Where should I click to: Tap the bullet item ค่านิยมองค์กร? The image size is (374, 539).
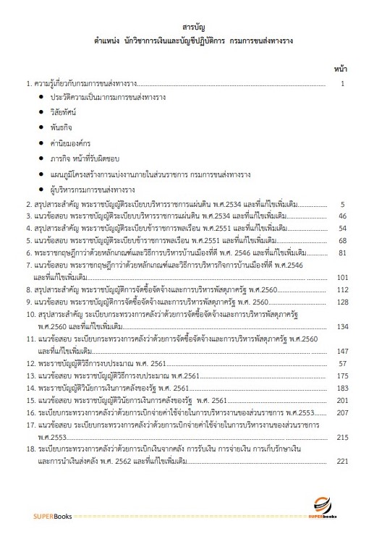pyautogui.click(x=71, y=142)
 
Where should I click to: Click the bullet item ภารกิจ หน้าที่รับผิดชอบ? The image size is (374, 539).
pyautogui.click(x=85, y=157)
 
